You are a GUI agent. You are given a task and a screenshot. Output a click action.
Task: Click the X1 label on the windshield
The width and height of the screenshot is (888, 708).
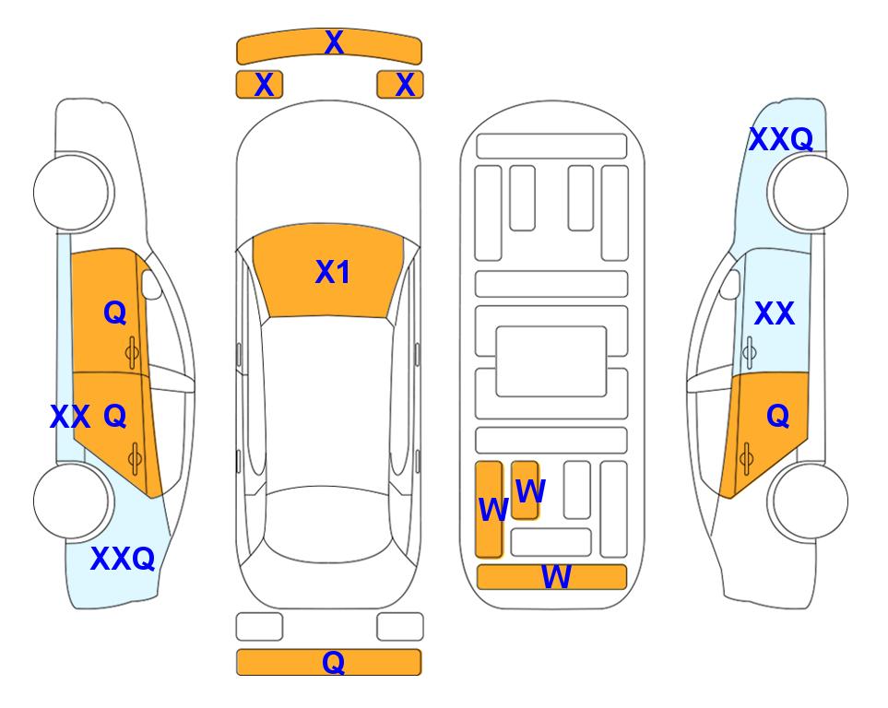333,272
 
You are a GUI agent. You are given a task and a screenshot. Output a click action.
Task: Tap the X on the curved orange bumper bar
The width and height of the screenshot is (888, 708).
334,42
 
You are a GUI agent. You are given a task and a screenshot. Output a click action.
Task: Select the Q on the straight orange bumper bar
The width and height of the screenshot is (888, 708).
333,662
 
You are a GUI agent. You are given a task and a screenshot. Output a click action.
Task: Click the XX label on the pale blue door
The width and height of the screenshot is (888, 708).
775,313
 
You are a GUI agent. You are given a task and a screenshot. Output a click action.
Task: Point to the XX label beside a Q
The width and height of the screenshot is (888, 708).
70,417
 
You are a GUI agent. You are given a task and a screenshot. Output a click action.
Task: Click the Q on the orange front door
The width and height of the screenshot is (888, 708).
115,313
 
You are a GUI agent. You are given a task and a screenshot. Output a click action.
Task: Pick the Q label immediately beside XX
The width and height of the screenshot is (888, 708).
115,417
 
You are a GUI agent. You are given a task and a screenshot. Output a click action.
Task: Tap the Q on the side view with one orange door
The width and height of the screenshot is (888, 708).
777,417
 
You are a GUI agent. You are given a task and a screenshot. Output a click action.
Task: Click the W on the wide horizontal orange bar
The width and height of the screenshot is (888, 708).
556,577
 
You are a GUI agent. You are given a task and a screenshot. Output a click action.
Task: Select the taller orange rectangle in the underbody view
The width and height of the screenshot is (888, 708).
489,509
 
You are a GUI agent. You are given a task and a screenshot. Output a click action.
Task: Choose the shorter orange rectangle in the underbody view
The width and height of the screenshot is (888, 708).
525,490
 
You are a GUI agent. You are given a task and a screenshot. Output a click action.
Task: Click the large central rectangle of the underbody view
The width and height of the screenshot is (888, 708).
551,361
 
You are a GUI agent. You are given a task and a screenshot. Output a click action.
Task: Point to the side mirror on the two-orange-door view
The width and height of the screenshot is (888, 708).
151,285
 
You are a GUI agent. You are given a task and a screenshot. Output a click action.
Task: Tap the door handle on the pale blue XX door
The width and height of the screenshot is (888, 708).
750,352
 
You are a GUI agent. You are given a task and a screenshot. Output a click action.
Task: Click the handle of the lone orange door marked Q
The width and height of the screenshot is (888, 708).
746,458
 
